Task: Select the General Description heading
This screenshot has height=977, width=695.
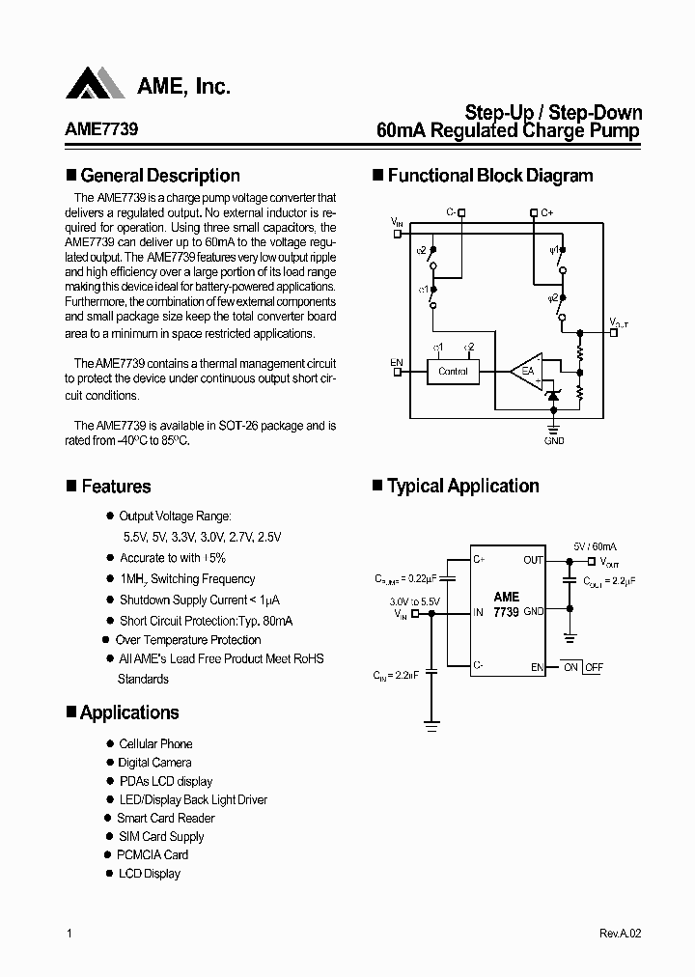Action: pos(160,176)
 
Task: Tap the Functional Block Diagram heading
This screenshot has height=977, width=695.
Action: pos(489,176)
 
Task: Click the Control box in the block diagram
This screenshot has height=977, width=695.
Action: pos(453,371)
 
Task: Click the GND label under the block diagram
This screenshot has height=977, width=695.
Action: pos(554,440)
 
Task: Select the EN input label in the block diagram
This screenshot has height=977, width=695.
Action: pos(397,362)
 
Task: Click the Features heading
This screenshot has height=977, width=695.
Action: pos(116,487)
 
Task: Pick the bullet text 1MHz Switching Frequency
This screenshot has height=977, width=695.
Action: pos(187,579)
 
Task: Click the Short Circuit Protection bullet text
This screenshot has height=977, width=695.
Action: pos(206,621)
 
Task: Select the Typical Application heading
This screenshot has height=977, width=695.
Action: pos(462,487)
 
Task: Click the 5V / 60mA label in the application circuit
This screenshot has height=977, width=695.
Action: pos(595,545)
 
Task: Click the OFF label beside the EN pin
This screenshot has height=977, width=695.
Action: pos(594,667)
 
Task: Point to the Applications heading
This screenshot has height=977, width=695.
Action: pos(129,712)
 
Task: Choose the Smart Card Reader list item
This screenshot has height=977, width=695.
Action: pos(165,818)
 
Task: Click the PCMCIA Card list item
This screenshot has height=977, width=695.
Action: pos(153,854)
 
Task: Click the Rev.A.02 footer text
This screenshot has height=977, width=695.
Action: pos(620,935)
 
